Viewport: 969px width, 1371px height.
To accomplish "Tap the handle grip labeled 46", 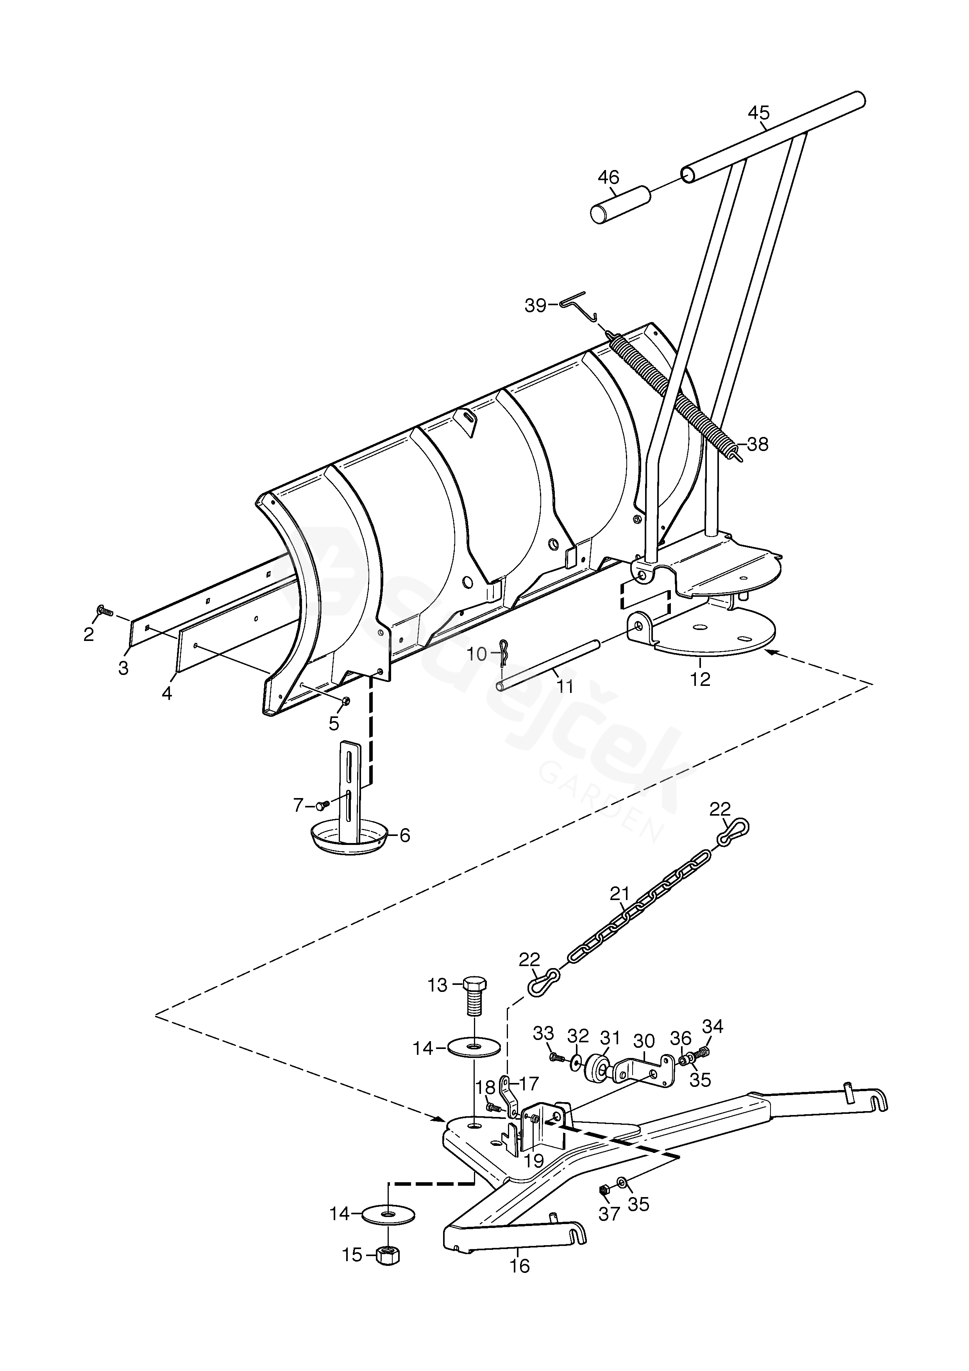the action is pyautogui.click(x=620, y=205).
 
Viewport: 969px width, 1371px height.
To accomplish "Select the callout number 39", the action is pyautogui.click(x=536, y=305).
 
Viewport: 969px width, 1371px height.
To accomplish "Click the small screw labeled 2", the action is pyautogui.click(x=104, y=610).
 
